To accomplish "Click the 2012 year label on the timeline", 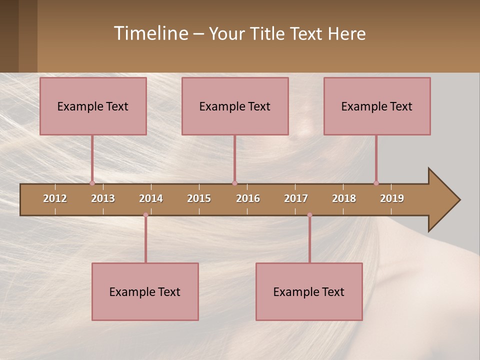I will pos(55,198).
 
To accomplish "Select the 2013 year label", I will pos(103,198).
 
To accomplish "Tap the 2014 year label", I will pos(151,198).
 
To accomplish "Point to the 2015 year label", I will pos(199,198).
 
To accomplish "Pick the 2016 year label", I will pos(248,198).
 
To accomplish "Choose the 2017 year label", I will pos(296,198).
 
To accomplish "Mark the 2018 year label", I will pos(344,198).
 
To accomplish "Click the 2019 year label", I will pos(392,198).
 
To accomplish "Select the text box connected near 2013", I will pos(93,106).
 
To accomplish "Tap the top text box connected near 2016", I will pos(235,106).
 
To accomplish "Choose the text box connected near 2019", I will pos(377,106).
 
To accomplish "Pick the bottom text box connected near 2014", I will pos(145,291).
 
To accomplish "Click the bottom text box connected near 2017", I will pos(309,291).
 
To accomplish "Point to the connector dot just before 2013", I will pos(92,183).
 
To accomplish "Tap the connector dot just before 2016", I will pos(234,183).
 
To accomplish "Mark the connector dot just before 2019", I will pos(376,183).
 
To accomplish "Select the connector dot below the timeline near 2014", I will pos(145,215).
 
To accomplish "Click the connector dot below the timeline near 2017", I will pos(309,215).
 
